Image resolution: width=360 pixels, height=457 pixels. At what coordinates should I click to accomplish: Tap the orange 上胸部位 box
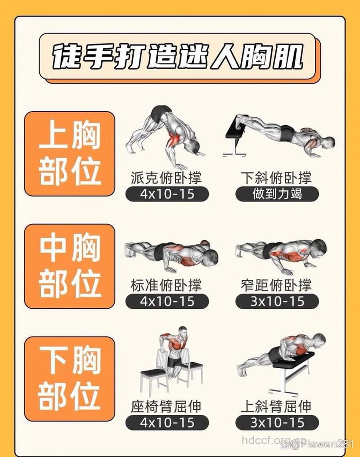click(x=70, y=154)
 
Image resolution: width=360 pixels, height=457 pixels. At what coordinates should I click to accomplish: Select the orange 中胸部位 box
click(x=70, y=266)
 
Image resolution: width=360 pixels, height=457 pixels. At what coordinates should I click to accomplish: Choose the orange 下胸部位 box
click(x=70, y=379)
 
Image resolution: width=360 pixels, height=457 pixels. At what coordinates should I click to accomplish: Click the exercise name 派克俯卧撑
click(x=166, y=178)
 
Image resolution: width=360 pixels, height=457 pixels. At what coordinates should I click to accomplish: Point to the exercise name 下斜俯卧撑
click(x=277, y=178)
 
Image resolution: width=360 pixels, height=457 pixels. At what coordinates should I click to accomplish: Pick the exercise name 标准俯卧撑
click(x=166, y=285)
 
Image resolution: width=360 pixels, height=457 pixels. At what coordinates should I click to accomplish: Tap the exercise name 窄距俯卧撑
click(x=277, y=285)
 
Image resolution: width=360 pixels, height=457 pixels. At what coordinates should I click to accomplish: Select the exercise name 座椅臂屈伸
click(x=166, y=406)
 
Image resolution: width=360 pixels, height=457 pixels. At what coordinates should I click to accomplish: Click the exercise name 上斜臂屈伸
click(x=277, y=406)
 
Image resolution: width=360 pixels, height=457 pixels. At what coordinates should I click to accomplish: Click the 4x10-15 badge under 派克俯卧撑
click(x=167, y=194)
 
